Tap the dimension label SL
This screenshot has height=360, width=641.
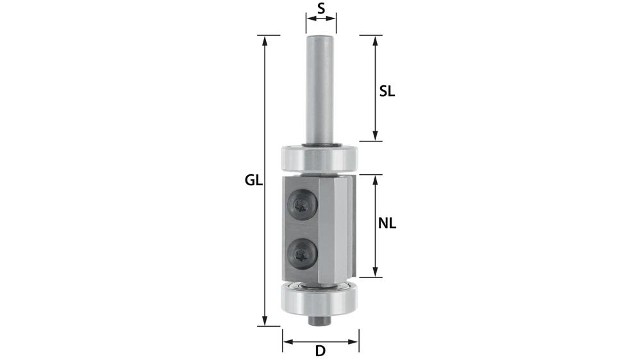point(387,91)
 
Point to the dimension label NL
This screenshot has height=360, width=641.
point(387,224)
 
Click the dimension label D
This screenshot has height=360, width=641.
point(320,350)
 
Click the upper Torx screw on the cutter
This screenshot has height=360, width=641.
point(303,205)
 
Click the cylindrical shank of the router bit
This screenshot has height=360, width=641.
point(320,90)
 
